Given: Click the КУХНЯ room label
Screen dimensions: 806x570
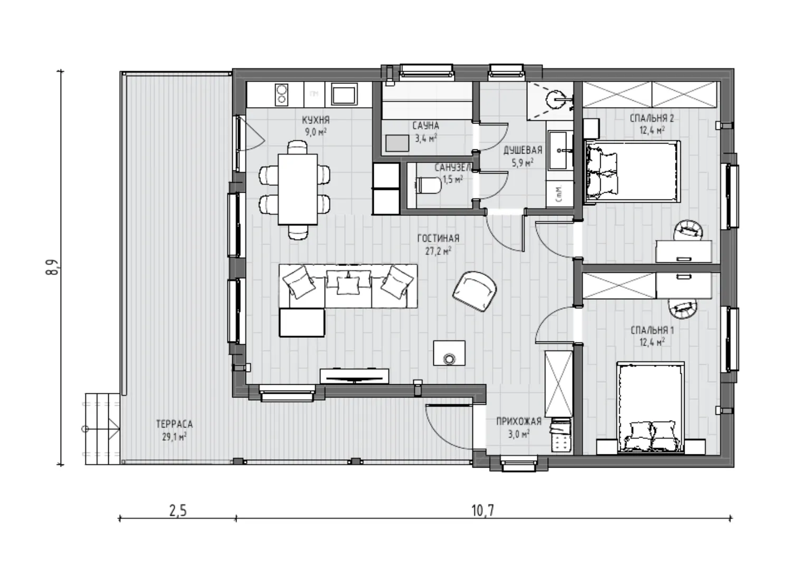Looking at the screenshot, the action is pyautogui.click(x=316, y=119).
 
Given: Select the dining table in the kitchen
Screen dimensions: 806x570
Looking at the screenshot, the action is pyautogui.click(x=298, y=189).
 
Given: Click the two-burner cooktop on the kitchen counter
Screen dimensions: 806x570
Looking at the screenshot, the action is pyautogui.click(x=281, y=94).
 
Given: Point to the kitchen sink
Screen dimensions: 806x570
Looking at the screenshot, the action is pyautogui.click(x=344, y=94).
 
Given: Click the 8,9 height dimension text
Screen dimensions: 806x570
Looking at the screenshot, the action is pyautogui.click(x=52, y=267).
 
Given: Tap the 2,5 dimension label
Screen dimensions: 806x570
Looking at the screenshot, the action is pyautogui.click(x=178, y=511).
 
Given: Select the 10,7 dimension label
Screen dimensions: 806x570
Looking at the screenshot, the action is pyautogui.click(x=483, y=511).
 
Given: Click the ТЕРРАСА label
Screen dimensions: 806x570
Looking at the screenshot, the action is pyautogui.click(x=175, y=424).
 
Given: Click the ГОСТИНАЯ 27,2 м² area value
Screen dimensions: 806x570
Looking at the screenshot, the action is pyautogui.click(x=438, y=251).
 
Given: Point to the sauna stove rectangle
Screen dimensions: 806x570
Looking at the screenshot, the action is pyautogui.click(x=397, y=143).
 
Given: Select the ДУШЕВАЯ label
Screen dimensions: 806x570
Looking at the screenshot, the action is pyautogui.click(x=523, y=150).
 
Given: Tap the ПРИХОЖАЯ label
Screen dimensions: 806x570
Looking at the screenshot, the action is pyautogui.click(x=518, y=421).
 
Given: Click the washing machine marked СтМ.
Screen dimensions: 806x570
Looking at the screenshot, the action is pyautogui.click(x=560, y=194).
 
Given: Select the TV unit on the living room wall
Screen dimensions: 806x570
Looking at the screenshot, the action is pyautogui.click(x=354, y=376).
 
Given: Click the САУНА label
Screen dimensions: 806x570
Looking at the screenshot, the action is pyautogui.click(x=425, y=126).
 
